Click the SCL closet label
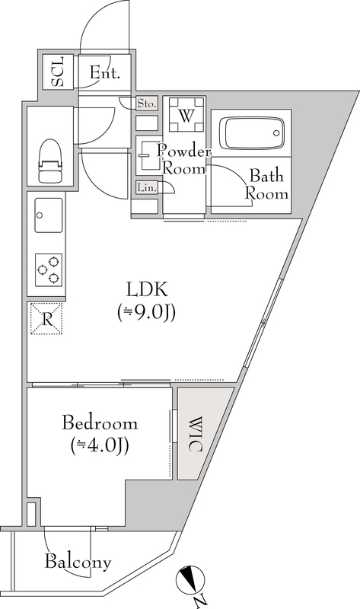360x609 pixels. (x=58, y=72)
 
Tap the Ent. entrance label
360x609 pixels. (x=104, y=73)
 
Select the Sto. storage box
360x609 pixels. (x=147, y=104)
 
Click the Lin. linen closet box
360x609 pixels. (x=147, y=188)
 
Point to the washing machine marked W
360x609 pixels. (x=186, y=115)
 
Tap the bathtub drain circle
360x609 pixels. (x=276, y=133)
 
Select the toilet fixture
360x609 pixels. (x=49, y=161)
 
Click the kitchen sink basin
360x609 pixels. (x=49, y=215)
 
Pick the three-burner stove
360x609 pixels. (x=49, y=269)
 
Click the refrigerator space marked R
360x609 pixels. (x=46, y=319)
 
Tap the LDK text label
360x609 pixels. (x=147, y=289)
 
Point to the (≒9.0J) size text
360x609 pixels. (x=147, y=312)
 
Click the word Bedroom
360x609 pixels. (x=100, y=422)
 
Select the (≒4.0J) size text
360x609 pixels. (x=100, y=445)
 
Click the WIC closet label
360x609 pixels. (x=196, y=434)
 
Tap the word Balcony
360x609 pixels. (x=78, y=562)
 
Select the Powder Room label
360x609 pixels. (x=183, y=160)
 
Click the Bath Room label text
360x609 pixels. (x=267, y=184)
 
